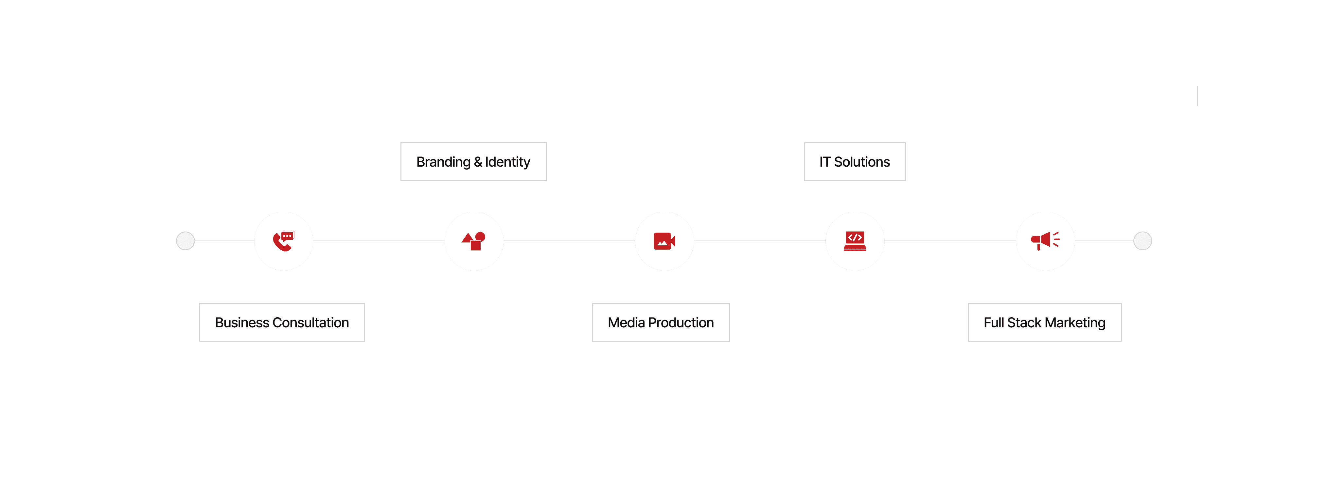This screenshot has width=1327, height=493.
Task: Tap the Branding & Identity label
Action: pos(473,162)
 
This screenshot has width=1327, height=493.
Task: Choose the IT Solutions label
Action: pos(854,162)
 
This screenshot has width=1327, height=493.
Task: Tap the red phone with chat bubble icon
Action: pos(283,241)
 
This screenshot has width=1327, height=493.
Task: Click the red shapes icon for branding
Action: pos(473,241)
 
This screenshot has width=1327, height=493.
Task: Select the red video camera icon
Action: pos(664,241)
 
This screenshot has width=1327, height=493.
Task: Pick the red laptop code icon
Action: pos(855,241)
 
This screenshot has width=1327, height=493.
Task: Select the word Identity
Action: pos(507,162)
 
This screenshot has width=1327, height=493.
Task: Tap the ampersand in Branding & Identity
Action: pos(478,162)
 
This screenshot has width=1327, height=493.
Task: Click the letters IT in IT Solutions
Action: pos(825,162)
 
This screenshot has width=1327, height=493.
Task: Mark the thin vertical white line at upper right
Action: pos(1198,96)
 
